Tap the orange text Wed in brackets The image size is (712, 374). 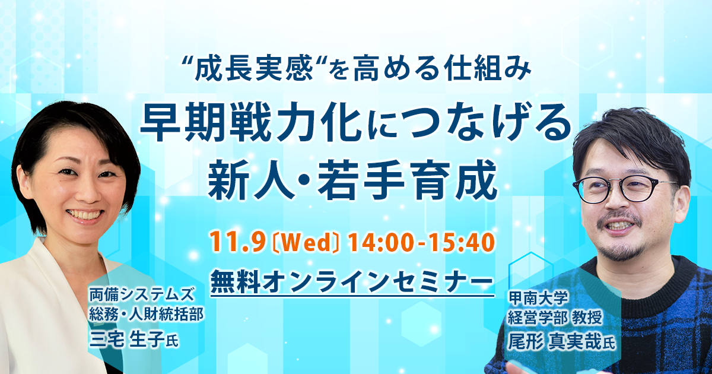[x=307, y=242]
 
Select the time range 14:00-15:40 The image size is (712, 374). [x=421, y=242]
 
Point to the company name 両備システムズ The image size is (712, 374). [x=141, y=294]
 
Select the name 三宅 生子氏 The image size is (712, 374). [x=134, y=340]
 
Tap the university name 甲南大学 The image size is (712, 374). [x=538, y=298]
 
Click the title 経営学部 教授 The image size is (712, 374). [x=555, y=318]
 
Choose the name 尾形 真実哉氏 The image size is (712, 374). [x=561, y=342]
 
